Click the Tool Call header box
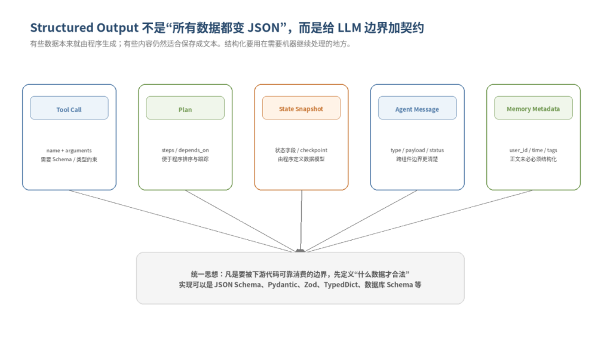[x=69, y=108]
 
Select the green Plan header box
[x=185, y=108]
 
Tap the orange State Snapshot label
[x=301, y=109]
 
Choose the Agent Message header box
[x=418, y=108]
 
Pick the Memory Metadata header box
[x=533, y=108]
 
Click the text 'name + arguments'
[x=69, y=150]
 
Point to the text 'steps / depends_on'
[x=185, y=150]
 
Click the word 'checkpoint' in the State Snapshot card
[x=314, y=150]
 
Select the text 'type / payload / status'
[x=417, y=150]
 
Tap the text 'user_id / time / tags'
[x=533, y=150]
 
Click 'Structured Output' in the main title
[x=84, y=27]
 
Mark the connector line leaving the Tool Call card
[x=182, y=221]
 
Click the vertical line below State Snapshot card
[x=301, y=220]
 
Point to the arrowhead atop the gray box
[x=300, y=251]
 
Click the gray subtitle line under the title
[x=191, y=44]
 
